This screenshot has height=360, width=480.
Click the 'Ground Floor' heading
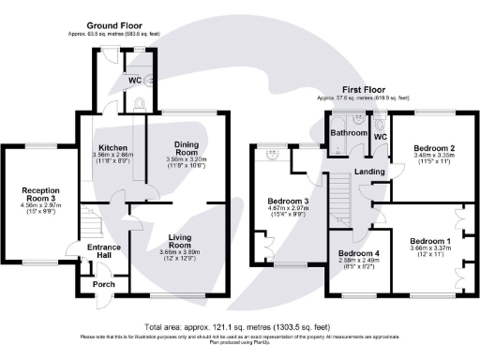click(114, 24)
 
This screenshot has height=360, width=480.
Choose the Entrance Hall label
click(103, 250)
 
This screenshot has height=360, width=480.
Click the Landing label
click(366, 172)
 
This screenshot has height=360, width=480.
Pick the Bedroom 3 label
click(287, 202)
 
